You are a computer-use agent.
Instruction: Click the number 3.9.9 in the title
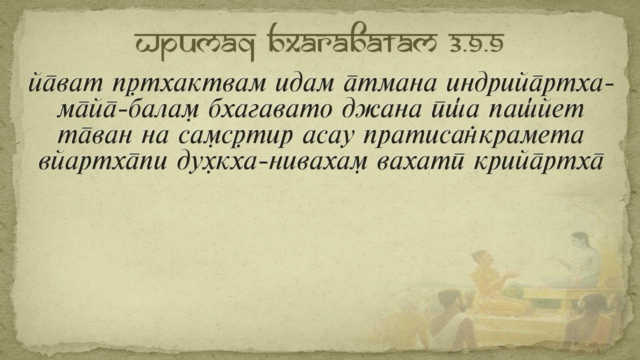tap(476, 43)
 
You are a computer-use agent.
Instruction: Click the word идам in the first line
tap(305, 84)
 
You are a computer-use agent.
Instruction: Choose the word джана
tap(382, 110)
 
